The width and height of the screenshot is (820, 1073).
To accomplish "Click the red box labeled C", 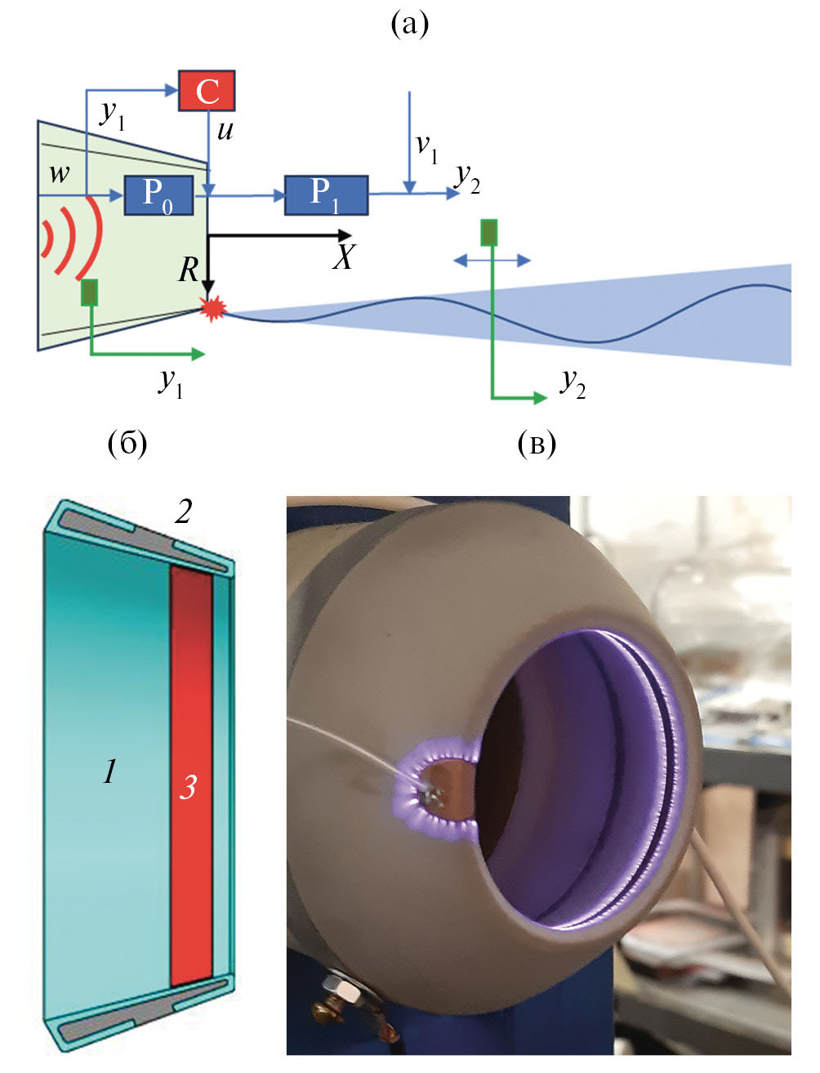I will (x=207, y=91).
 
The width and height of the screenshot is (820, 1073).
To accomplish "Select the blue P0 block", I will (x=158, y=194).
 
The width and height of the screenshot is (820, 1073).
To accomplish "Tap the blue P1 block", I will (x=326, y=194).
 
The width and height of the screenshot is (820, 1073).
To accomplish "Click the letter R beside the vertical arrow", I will (x=189, y=269).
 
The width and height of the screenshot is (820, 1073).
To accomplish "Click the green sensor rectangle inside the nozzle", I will (x=89, y=293).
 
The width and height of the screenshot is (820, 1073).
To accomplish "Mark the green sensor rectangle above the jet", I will (x=488, y=233).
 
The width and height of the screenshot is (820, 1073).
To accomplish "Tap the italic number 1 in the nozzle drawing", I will (x=110, y=771).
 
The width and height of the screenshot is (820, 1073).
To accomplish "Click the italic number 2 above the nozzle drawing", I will (x=183, y=512).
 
